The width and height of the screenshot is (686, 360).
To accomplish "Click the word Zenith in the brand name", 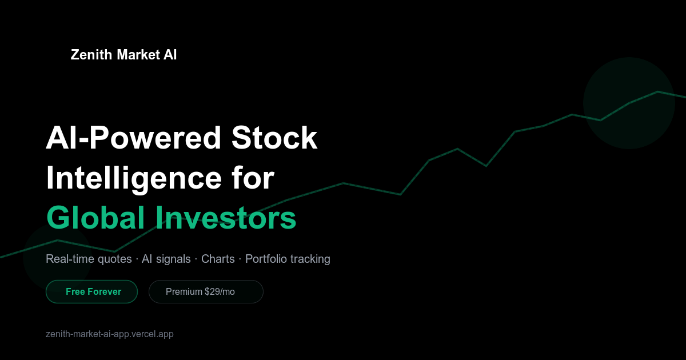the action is click(x=91, y=55).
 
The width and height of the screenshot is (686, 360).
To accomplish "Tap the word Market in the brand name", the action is click(x=138, y=55).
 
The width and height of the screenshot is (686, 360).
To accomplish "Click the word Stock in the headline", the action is click(x=274, y=138).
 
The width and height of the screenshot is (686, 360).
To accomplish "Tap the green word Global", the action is click(x=95, y=218).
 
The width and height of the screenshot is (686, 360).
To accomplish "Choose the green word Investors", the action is click(x=226, y=218).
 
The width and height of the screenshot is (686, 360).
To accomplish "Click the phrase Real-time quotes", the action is click(x=89, y=259).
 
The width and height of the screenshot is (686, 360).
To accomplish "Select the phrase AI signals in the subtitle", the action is click(x=166, y=259).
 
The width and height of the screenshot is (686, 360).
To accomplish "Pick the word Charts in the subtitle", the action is click(x=218, y=259).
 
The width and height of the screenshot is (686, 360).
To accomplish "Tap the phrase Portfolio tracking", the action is click(x=288, y=259).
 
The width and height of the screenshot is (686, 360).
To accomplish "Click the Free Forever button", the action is click(x=92, y=292).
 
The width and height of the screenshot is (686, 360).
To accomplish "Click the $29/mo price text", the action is click(x=220, y=292).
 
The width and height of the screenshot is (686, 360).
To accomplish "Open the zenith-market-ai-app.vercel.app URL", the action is click(x=110, y=334).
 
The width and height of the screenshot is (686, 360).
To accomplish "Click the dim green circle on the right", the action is click(x=629, y=103).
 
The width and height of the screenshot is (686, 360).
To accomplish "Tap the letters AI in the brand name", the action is click(x=170, y=55).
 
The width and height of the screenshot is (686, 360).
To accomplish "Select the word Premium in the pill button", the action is click(x=184, y=292).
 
